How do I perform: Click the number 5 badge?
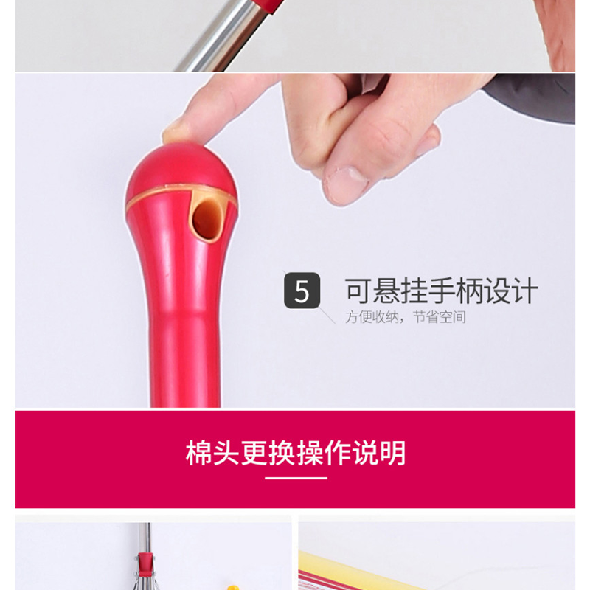[x=302, y=291]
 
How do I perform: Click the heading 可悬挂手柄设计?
[x=441, y=291]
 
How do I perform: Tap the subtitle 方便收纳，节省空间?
[x=405, y=317]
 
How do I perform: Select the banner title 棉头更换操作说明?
[x=296, y=453]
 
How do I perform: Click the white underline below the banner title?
[x=296, y=478]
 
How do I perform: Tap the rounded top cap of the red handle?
[x=181, y=170]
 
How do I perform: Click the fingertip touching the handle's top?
[x=177, y=132]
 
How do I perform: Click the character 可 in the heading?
[x=358, y=291]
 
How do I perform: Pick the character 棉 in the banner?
[x=199, y=453]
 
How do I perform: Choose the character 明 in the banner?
[x=393, y=453]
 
